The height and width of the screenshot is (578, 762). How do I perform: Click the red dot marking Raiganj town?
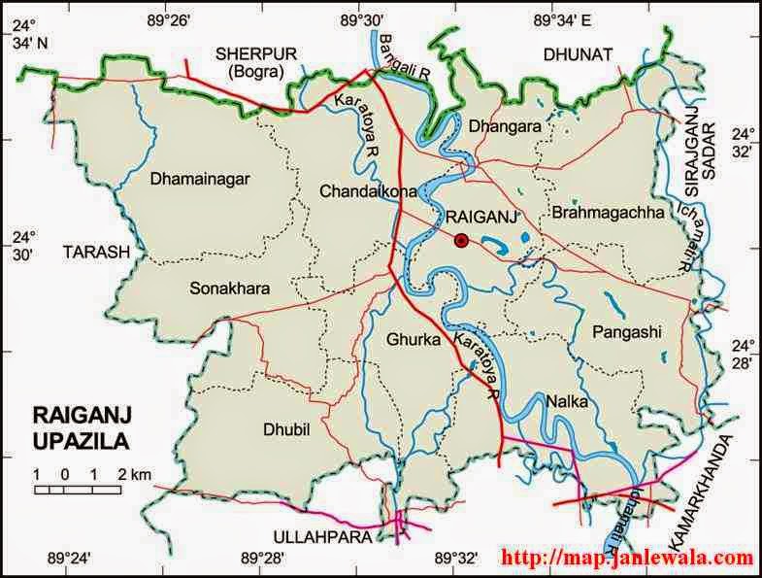tap(461, 240)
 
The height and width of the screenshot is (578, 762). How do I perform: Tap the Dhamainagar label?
tap(201, 179)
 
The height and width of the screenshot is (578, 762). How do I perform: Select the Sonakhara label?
tap(230, 289)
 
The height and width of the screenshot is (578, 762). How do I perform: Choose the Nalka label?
tap(566, 400)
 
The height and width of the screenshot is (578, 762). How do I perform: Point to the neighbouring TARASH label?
tap(96, 252)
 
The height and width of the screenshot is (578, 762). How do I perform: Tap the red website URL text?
tap(627, 559)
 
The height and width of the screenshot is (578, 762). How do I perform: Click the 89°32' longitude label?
tap(455, 558)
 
